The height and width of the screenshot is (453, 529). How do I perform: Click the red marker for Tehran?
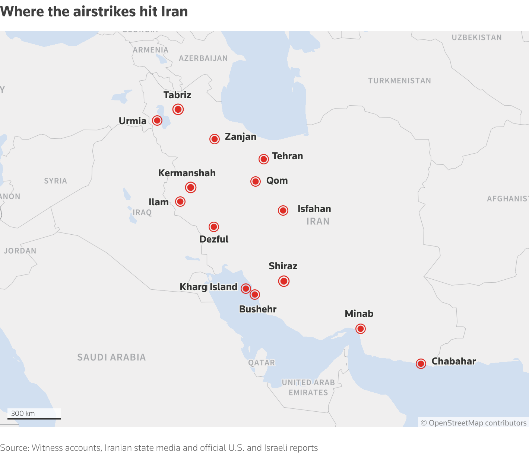pyautogui.click(x=264, y=159)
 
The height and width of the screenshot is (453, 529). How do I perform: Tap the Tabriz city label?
pyautogui.click(x=177, y=95)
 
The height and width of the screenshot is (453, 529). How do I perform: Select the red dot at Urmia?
pyautogui.click(x=157, y=121)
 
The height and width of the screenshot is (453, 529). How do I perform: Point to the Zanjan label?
pyautogui.click(x=240, y=137)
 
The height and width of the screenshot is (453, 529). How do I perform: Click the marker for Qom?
pyautogui.click(x=256, y=181)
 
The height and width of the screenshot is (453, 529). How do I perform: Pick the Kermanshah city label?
pyautogui.click(x=187, y=173)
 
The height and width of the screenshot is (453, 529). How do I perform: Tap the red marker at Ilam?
pyautogui.click(x=180, y=202)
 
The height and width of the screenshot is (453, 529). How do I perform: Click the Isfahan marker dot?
pyautogui.click(x=283, y=211)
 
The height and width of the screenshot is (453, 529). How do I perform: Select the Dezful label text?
pyautogui.click(x=214, y=240)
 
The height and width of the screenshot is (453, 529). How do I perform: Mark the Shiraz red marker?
pyautogui.click(x=284, y=281)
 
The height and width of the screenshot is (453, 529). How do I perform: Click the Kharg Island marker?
pyautogui.click(x=246, y=289)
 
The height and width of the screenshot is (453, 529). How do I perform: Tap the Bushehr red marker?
pyautogui.click(x=255, y=295)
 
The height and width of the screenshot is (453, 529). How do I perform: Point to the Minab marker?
pyautogui.click(x=360, y=329)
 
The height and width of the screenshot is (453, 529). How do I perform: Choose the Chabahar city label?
pyautogui.click(x=453, y=362)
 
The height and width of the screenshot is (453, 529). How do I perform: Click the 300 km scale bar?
pyautogui.click(x=34, y=418)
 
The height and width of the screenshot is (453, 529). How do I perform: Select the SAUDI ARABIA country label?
pyautogui.click(x=111, y=357)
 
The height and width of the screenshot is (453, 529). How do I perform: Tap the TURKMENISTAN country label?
pyautogui.click(x=399, y=81)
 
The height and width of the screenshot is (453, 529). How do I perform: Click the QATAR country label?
pyautogui.click(x=262, y=363)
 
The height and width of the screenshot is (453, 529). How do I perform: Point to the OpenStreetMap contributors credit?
pyautogui.click(x=473, y=423)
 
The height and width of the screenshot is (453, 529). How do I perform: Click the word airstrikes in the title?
pyautogui.click(x=105, y=12)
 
